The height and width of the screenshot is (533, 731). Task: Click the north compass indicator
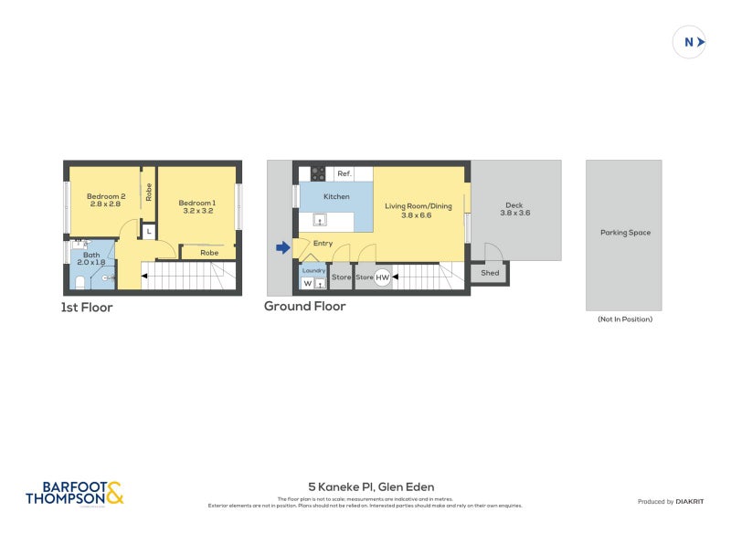pyautogui.click(x=690, y=42)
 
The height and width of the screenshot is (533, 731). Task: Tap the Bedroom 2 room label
pyautogui.click(x=105, y=200)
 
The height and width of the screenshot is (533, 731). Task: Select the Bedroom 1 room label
pyautogui.click(x=196, y=206)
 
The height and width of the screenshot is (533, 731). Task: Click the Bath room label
pyautogui.click(x=90, y=259)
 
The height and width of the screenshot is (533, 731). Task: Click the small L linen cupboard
pyautogui.click(x=148, y=232)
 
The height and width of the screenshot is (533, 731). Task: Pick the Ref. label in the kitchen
pyautogui.click(x=344, y=173)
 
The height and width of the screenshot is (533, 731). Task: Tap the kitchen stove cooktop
pyautogui.click(x=319, y=172)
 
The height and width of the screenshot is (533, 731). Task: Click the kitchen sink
pyautogui.click(x=321, y=219)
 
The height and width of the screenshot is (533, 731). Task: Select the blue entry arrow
pyautogui.click(x=283, y=247)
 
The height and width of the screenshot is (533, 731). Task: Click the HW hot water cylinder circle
pyautogui.click(x=382, y=277)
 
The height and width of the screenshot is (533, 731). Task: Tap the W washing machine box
pyautogui.click(x=307, y=283)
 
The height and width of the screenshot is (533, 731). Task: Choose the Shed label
pyautogui.click(x=490, y=272)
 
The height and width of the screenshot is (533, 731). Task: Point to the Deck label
pyautogui.click(x=514, y=209)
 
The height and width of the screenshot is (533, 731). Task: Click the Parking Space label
pyautogui.click(x=625, y=233)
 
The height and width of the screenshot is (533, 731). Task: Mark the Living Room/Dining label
pyautogui.click(x=418, y=210)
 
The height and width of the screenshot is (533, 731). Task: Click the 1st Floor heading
pyautogui.click(x=87, y=308)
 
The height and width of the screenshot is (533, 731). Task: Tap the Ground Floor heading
pyautogui.click(x=305, y=307)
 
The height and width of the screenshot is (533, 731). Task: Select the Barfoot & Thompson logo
pyautogui.click(x=74, y=494)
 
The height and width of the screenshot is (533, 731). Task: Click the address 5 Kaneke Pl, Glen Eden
pyautogui.click(x=371, y=487)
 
